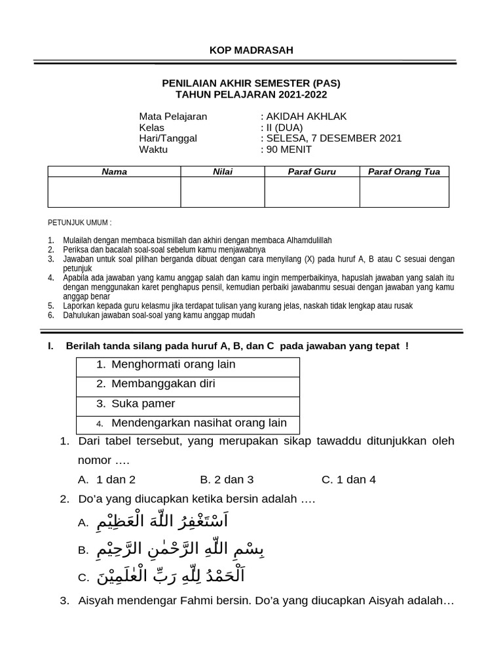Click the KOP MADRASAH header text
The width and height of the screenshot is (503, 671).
coord(251,50)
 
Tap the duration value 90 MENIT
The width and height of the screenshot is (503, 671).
coord(288,149)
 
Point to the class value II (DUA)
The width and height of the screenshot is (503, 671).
coord(282,128)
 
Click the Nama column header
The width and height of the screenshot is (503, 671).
coord(114,172)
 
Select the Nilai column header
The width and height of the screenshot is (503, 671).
coord(223,172)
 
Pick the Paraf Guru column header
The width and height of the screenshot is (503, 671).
coord(312,172)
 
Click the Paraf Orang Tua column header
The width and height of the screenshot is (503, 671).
coord(404,172)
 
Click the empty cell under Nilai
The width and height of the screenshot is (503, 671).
coord(223,192)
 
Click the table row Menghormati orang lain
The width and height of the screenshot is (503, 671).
coord(173,364)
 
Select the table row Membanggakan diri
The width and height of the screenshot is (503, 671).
coord(163,384)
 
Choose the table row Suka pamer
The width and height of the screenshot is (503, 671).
coord(143,404)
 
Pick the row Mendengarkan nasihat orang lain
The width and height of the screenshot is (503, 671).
coord(198,423)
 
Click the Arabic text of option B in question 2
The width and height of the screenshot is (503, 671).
coord(172,549)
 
